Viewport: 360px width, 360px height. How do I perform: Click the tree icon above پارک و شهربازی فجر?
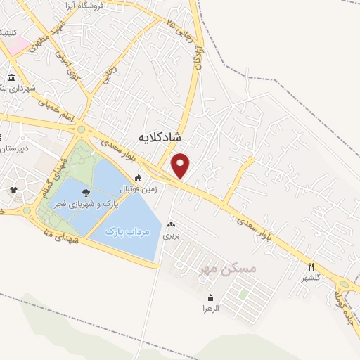point(86,192)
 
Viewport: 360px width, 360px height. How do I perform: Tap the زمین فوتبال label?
point(139,190)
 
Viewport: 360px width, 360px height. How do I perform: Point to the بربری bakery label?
point(172,236)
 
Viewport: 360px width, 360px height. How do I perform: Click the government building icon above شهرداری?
point(12,78)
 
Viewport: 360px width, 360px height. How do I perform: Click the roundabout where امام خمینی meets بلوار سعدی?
point(82,129)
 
